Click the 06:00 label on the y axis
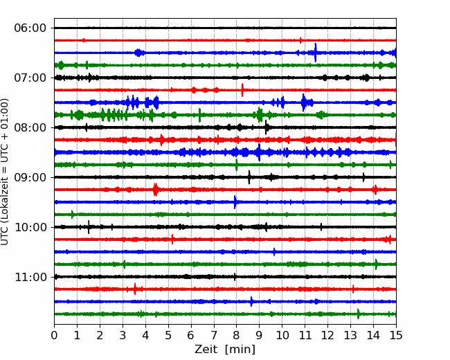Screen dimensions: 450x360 30,28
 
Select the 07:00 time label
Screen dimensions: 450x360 30,78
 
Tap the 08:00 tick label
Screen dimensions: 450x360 30,127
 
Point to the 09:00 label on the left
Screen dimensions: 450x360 30,177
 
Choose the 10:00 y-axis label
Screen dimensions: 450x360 30,227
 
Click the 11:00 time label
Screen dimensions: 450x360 30,277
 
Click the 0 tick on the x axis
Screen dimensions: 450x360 54,335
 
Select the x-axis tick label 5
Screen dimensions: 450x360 168,335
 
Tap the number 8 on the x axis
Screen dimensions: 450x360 237,335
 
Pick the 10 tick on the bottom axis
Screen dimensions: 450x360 282,335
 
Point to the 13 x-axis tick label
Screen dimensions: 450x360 350,335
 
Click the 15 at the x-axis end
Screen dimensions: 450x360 396,335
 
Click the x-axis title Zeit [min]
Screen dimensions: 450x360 225,350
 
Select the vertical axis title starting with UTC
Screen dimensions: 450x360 5,172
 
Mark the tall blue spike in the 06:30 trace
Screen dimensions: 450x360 316,53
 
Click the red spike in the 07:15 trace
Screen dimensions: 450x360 242,90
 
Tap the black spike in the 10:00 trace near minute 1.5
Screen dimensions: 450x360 89,227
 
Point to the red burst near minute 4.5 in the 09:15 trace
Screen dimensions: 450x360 156,190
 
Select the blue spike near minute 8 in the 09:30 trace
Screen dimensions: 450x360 235,202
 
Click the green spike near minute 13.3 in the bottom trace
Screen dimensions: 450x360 358,314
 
